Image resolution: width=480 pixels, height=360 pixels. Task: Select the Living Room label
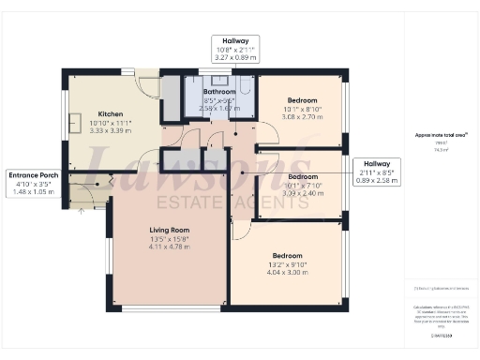click(x=170, y=230)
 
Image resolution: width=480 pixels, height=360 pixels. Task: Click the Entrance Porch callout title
click(x=35, y=175)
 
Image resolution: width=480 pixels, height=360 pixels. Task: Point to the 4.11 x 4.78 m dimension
click(x=170, y=248)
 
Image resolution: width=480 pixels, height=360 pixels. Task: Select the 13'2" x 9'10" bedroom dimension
click(x=286, y=265)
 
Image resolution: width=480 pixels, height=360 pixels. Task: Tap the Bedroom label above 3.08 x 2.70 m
click(x=302, y=100)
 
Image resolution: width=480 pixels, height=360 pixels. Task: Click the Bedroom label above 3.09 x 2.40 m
click(x=302, y=176)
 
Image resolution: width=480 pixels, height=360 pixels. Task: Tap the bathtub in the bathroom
click(x=246, y=92)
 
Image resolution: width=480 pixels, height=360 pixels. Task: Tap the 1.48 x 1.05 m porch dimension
click(x=35, y=193)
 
